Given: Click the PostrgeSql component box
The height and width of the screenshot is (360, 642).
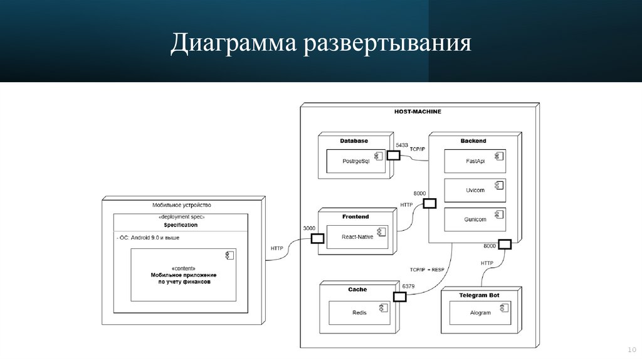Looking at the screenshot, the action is (x=356, y=161).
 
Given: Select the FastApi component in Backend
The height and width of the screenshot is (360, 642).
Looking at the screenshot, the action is (x=475, y=161).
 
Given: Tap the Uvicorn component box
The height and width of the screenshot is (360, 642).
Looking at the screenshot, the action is (x=475, y=190).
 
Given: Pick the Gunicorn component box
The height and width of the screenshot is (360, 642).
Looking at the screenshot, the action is (x=475, y=220).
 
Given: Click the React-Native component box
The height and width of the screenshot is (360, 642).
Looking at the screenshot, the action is (x=357, y=236).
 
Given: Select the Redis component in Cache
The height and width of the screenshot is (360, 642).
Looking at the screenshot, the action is (x=359, y=313).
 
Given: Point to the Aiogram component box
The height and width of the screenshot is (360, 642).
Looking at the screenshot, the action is (x=480, y=313).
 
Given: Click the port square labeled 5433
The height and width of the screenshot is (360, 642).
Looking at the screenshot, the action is (x=394, y=155).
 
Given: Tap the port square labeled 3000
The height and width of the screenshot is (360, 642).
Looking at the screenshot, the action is (x=317, y=238).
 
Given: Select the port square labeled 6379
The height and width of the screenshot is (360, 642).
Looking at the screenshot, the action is (x=399, y=297).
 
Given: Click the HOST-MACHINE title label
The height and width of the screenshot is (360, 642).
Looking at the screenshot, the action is (x=418, y=112).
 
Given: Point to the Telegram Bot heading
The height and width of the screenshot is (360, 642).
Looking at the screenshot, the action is (x=479, y=295).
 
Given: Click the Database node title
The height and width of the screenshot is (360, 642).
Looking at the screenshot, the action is (x=354, y=140).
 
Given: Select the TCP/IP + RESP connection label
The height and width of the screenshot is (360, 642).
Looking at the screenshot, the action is (x=426, y=270).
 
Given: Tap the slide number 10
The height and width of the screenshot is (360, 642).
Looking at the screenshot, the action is (x=632, y=350).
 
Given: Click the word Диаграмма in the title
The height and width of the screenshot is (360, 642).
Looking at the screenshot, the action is (x=233, y=43).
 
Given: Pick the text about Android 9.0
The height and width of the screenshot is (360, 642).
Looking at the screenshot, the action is (x=148, y=238).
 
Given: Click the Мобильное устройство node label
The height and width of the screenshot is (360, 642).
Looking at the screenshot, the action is (x=182, y=205).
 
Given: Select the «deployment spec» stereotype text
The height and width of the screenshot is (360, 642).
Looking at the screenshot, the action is (x=181, y=216).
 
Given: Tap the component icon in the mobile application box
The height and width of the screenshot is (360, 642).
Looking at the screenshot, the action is (x=229, y=255).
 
